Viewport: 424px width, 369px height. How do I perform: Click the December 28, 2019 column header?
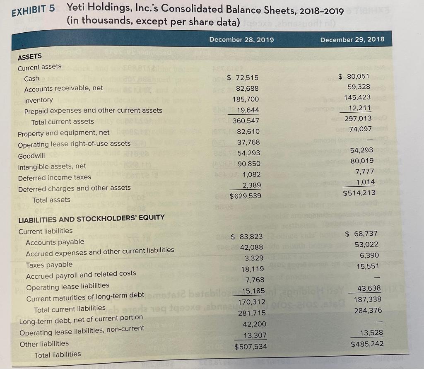point(241,40)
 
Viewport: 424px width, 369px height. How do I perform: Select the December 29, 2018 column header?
point(352,39)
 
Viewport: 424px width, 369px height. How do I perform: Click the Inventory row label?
point(39,100)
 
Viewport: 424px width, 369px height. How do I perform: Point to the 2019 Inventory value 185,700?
point(247,99)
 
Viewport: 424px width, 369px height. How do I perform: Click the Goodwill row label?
point(31,156)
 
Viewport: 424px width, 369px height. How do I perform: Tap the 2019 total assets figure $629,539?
point(246,195)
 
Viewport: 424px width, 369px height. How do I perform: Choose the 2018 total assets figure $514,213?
point(359,193)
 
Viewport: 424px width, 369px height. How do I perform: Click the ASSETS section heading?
point(30,56)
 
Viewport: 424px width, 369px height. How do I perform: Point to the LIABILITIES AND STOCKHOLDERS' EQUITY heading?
point(92,217)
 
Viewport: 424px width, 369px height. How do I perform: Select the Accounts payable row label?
point(55,242)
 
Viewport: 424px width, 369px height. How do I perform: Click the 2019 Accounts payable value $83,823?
point(246,236)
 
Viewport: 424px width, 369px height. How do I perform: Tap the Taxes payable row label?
point(49,264)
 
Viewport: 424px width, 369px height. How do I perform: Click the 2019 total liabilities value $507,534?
point(251,346)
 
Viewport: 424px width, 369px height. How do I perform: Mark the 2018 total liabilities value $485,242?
point(367,344)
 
